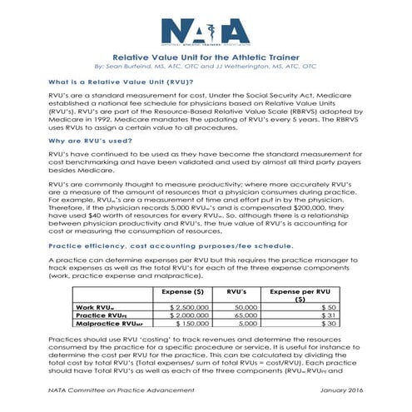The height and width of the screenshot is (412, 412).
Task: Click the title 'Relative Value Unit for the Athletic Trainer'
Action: (206, 58)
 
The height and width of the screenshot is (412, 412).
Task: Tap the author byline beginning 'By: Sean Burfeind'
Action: (206, 68)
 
